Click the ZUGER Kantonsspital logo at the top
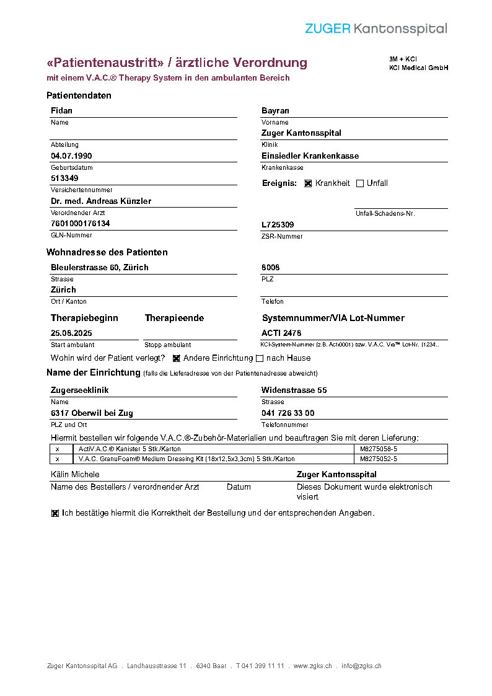coord(376,29)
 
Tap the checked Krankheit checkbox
coord(308,183)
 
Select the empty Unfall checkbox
coord(360,183)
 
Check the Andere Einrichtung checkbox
coord(176,358)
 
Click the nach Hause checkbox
coord(260,358)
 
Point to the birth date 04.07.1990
coord(71,156)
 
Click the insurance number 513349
coord(64,178)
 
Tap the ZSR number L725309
coord(278,224)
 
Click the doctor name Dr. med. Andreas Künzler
coord(101,201)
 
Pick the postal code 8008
coord(270,268)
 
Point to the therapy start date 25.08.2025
coord(71,333)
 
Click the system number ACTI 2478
coord(281,333)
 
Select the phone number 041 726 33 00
coord(288,413)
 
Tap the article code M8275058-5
coord(379,449)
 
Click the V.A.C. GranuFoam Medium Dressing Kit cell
coord(187,459)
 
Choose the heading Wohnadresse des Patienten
coord(107,252)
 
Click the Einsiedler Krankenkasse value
coord(310,156)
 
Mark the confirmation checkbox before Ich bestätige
coord(55,513)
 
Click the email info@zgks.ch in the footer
coord(361,666)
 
